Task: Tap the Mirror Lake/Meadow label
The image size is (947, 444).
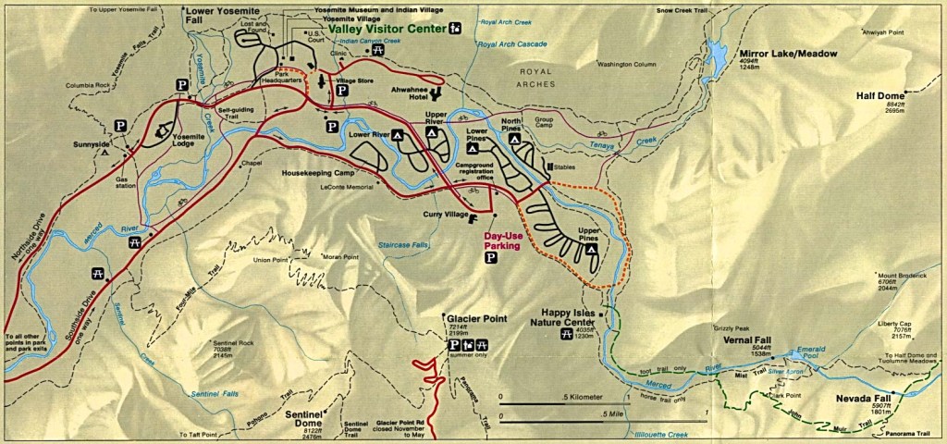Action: click(x=788, y=54)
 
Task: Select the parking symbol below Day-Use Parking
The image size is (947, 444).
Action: click(x=490, y=260)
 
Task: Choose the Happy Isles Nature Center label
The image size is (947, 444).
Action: click(x=567, y=317)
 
